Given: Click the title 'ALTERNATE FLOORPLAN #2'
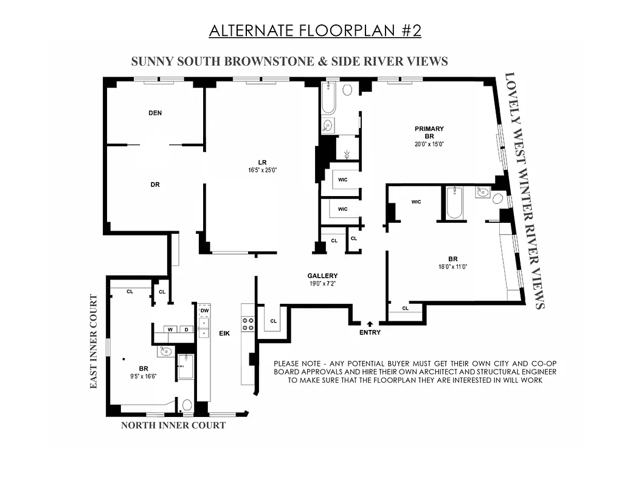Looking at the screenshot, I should click(x=314, y=31).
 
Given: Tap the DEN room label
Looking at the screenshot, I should click(x=155, y=113).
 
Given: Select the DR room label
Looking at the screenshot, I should click(x=155, y=184).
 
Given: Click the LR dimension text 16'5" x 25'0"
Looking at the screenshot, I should click(x=262, y=170).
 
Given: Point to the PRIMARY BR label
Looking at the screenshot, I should click(x=429, y=133).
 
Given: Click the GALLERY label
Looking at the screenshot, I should click(x=322, y=276).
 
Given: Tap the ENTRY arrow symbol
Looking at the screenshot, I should click(x=370, y=324).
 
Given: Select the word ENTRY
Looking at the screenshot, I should click(x=370, y=332).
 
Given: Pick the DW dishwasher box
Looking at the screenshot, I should click(x=204, y=310).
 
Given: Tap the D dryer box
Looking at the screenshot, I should click(x=185, y=329).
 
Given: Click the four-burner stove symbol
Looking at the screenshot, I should click(x=248, y=324).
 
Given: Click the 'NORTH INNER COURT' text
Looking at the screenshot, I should click(x=173, y=425).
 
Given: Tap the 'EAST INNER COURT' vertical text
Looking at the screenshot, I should click(x=94, y=342).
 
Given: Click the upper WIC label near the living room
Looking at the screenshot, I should click(x=342, y=180).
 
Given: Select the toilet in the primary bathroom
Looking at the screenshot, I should click(x=347, y=90).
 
